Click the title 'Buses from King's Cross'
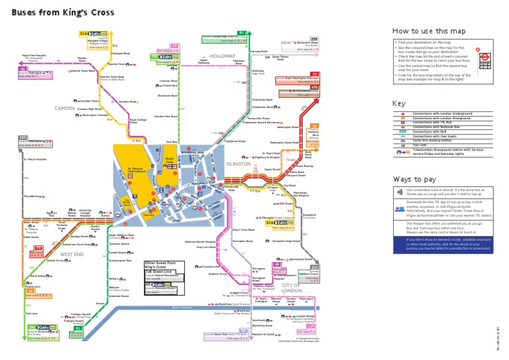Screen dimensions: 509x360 62,12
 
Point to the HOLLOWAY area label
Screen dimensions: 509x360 223,56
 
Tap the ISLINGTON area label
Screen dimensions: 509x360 239,163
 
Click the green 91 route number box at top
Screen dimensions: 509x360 242,32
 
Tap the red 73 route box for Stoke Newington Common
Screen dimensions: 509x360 315,74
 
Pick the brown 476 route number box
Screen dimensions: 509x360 315,87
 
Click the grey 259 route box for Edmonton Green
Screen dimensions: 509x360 314,39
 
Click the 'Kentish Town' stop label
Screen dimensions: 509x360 117,64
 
